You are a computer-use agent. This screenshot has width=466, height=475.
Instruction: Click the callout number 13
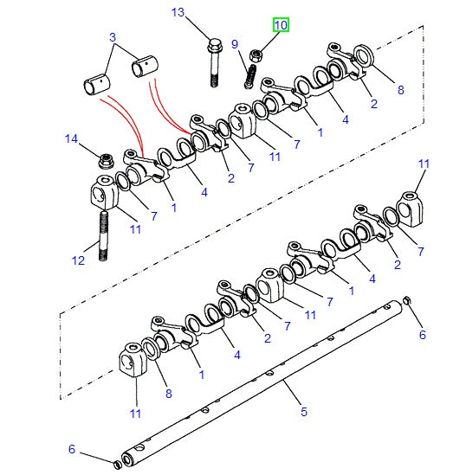click(x=178, y=12)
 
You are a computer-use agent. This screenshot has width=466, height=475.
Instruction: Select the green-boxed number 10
click(x=281, y=25)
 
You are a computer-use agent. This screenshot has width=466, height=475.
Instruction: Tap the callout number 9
click(x=235, y=44)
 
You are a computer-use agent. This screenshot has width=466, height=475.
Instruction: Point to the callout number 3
click(x=113, y=37)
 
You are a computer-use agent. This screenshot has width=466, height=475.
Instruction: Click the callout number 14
click(x=72, y=138)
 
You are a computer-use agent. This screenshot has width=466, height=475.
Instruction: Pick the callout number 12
click(x=78, y=260)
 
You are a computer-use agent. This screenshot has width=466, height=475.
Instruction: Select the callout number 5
click(x=304, y=412)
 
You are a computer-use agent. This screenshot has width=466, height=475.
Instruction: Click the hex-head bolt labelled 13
click(x=214, y=62)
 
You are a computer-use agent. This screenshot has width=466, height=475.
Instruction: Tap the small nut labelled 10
click(x=256, y=55)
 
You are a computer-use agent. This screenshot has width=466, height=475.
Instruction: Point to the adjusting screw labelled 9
click(x=250, y=77)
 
